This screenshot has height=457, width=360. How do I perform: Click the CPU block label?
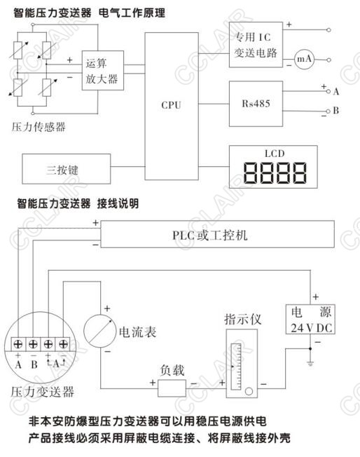(171, 105)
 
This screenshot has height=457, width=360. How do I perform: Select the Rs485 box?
(256, 104)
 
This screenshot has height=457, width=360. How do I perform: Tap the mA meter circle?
(304, 59)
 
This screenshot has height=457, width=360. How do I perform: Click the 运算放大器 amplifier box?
(102, 70)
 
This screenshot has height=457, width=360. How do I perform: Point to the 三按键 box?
(67, 169)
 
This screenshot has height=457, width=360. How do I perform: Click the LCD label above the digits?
(275, 154)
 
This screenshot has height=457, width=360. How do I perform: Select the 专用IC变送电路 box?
(256, 45)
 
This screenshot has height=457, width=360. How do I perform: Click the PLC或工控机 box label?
(209, 236)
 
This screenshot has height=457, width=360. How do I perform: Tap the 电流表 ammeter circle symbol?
(99, 331)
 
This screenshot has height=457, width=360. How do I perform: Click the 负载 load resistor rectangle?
(172, 388)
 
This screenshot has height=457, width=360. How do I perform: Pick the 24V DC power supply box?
(310, 319)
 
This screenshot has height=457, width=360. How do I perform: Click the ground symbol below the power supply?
(310, 363)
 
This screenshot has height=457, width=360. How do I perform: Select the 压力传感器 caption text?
(39, 127)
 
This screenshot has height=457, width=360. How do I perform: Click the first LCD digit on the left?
(251, 172)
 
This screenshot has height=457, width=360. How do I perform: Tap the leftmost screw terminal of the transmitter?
(18, 344)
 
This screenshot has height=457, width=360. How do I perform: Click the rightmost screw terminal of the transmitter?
(63, 344)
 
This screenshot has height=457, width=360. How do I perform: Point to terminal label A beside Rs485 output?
(336, 92)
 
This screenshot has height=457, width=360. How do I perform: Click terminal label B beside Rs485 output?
(335, 111)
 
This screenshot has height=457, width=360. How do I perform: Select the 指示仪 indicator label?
(242, 319)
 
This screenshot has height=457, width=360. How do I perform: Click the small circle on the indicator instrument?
(249, 391)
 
